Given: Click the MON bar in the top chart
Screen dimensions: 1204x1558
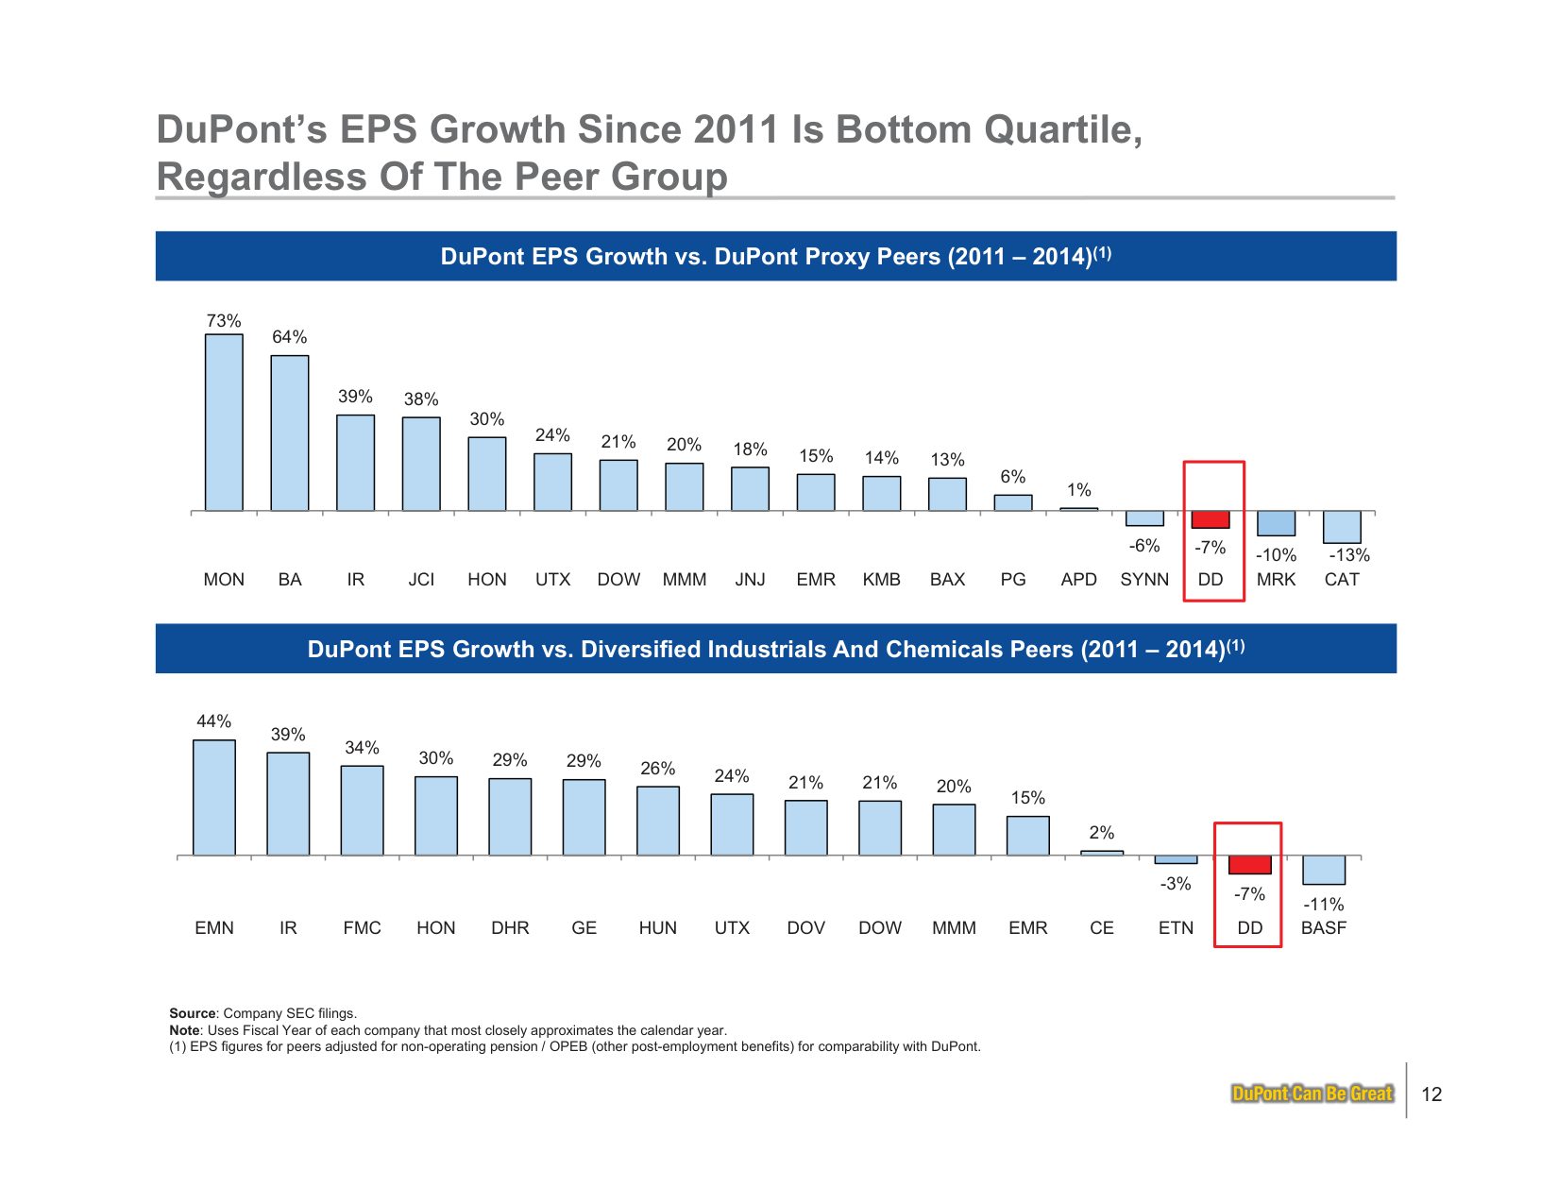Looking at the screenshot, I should click(x=224, y=422).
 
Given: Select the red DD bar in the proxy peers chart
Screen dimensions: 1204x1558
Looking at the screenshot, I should click(x=1211, y=519).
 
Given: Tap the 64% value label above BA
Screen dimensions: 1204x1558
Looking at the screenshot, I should click(x=289, y=337).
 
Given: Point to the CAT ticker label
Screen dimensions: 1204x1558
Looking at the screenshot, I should click(x=1342, y=580).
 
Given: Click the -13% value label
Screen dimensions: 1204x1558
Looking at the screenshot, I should click(x=1349, y=555).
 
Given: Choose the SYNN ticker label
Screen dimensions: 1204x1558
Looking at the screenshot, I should click(x=1144, y=580).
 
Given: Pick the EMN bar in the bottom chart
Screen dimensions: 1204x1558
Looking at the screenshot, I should click(x=214, y=797).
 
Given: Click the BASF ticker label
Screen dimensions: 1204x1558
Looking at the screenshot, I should click(x=1324, y=928).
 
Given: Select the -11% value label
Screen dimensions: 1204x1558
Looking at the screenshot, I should click(x=1324, y=905).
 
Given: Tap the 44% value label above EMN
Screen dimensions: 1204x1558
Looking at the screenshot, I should click(x=214, y=721).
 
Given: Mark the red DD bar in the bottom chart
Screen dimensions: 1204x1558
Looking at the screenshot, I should click(x=1249, y=865).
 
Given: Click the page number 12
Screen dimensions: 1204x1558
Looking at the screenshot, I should click(x=1431, y=1094).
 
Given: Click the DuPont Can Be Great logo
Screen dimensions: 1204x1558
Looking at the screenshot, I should click(x=1312, y=1094).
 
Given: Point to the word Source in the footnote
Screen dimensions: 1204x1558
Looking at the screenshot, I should click(x=193, y=1013).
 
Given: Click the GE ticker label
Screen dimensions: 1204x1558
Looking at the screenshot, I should click(x=584, y=928).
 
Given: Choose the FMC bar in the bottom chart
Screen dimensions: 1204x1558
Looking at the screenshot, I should click(x=363, y=810).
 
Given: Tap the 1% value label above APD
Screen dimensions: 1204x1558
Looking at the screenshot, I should click(x=1079, y=490).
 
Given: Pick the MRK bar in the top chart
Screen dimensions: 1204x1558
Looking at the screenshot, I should click(x=1276, y=523).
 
